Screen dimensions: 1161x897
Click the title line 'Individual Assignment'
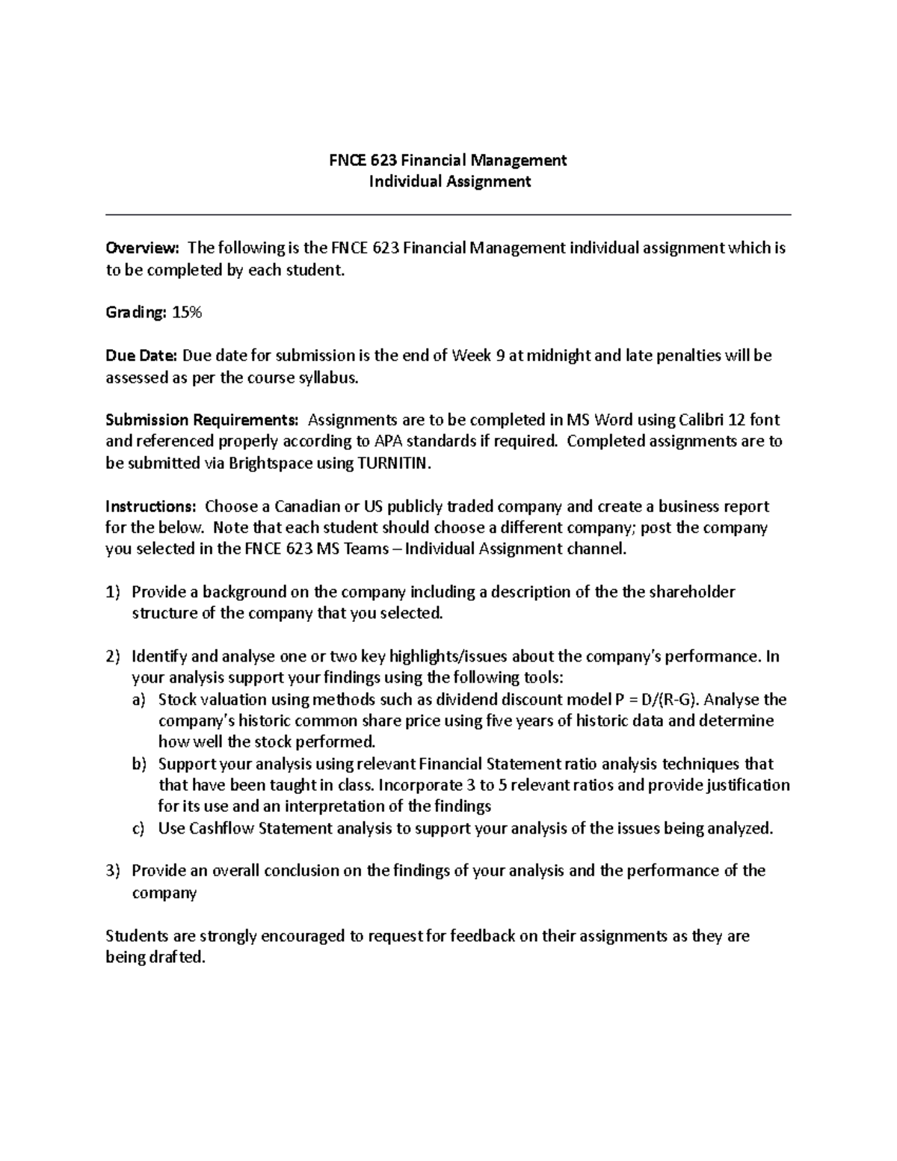coord(449,182)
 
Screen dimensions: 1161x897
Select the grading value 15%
coord(187,313)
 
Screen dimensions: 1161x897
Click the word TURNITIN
coord(394,464)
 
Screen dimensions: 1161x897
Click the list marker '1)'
coord(112,593)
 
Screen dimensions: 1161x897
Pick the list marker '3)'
coord(112,871)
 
